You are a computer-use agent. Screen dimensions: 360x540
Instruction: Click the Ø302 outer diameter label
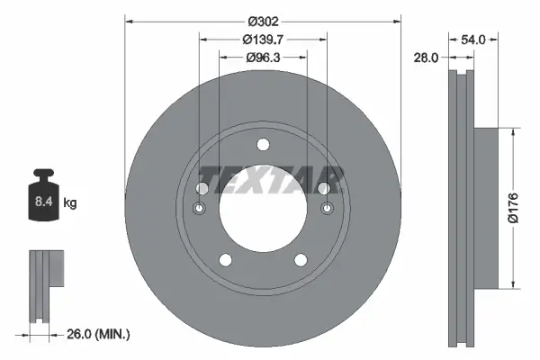[262, 21]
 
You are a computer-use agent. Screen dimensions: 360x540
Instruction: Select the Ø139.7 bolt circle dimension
[262, 40]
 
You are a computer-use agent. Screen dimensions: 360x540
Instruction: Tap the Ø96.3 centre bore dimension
[262, 58]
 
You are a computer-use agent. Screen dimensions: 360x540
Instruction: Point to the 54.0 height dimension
[473, 40]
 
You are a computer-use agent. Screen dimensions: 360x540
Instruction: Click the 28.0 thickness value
[427, 58]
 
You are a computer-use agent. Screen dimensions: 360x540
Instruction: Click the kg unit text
[69, 203]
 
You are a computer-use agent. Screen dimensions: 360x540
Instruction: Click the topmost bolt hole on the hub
[263, 145]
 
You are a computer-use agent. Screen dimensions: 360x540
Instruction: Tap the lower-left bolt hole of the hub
[225, 260]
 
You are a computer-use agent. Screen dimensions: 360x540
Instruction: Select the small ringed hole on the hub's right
[327, 210]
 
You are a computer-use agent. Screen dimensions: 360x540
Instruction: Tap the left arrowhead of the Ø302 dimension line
[129, 21]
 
